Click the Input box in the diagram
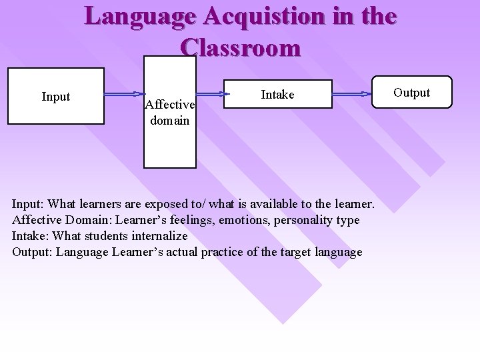(55, 97)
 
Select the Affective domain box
(170, 113)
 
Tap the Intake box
(277, 95)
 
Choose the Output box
(411, 93)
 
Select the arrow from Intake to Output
(351, 94)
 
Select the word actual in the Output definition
(191, 251)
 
